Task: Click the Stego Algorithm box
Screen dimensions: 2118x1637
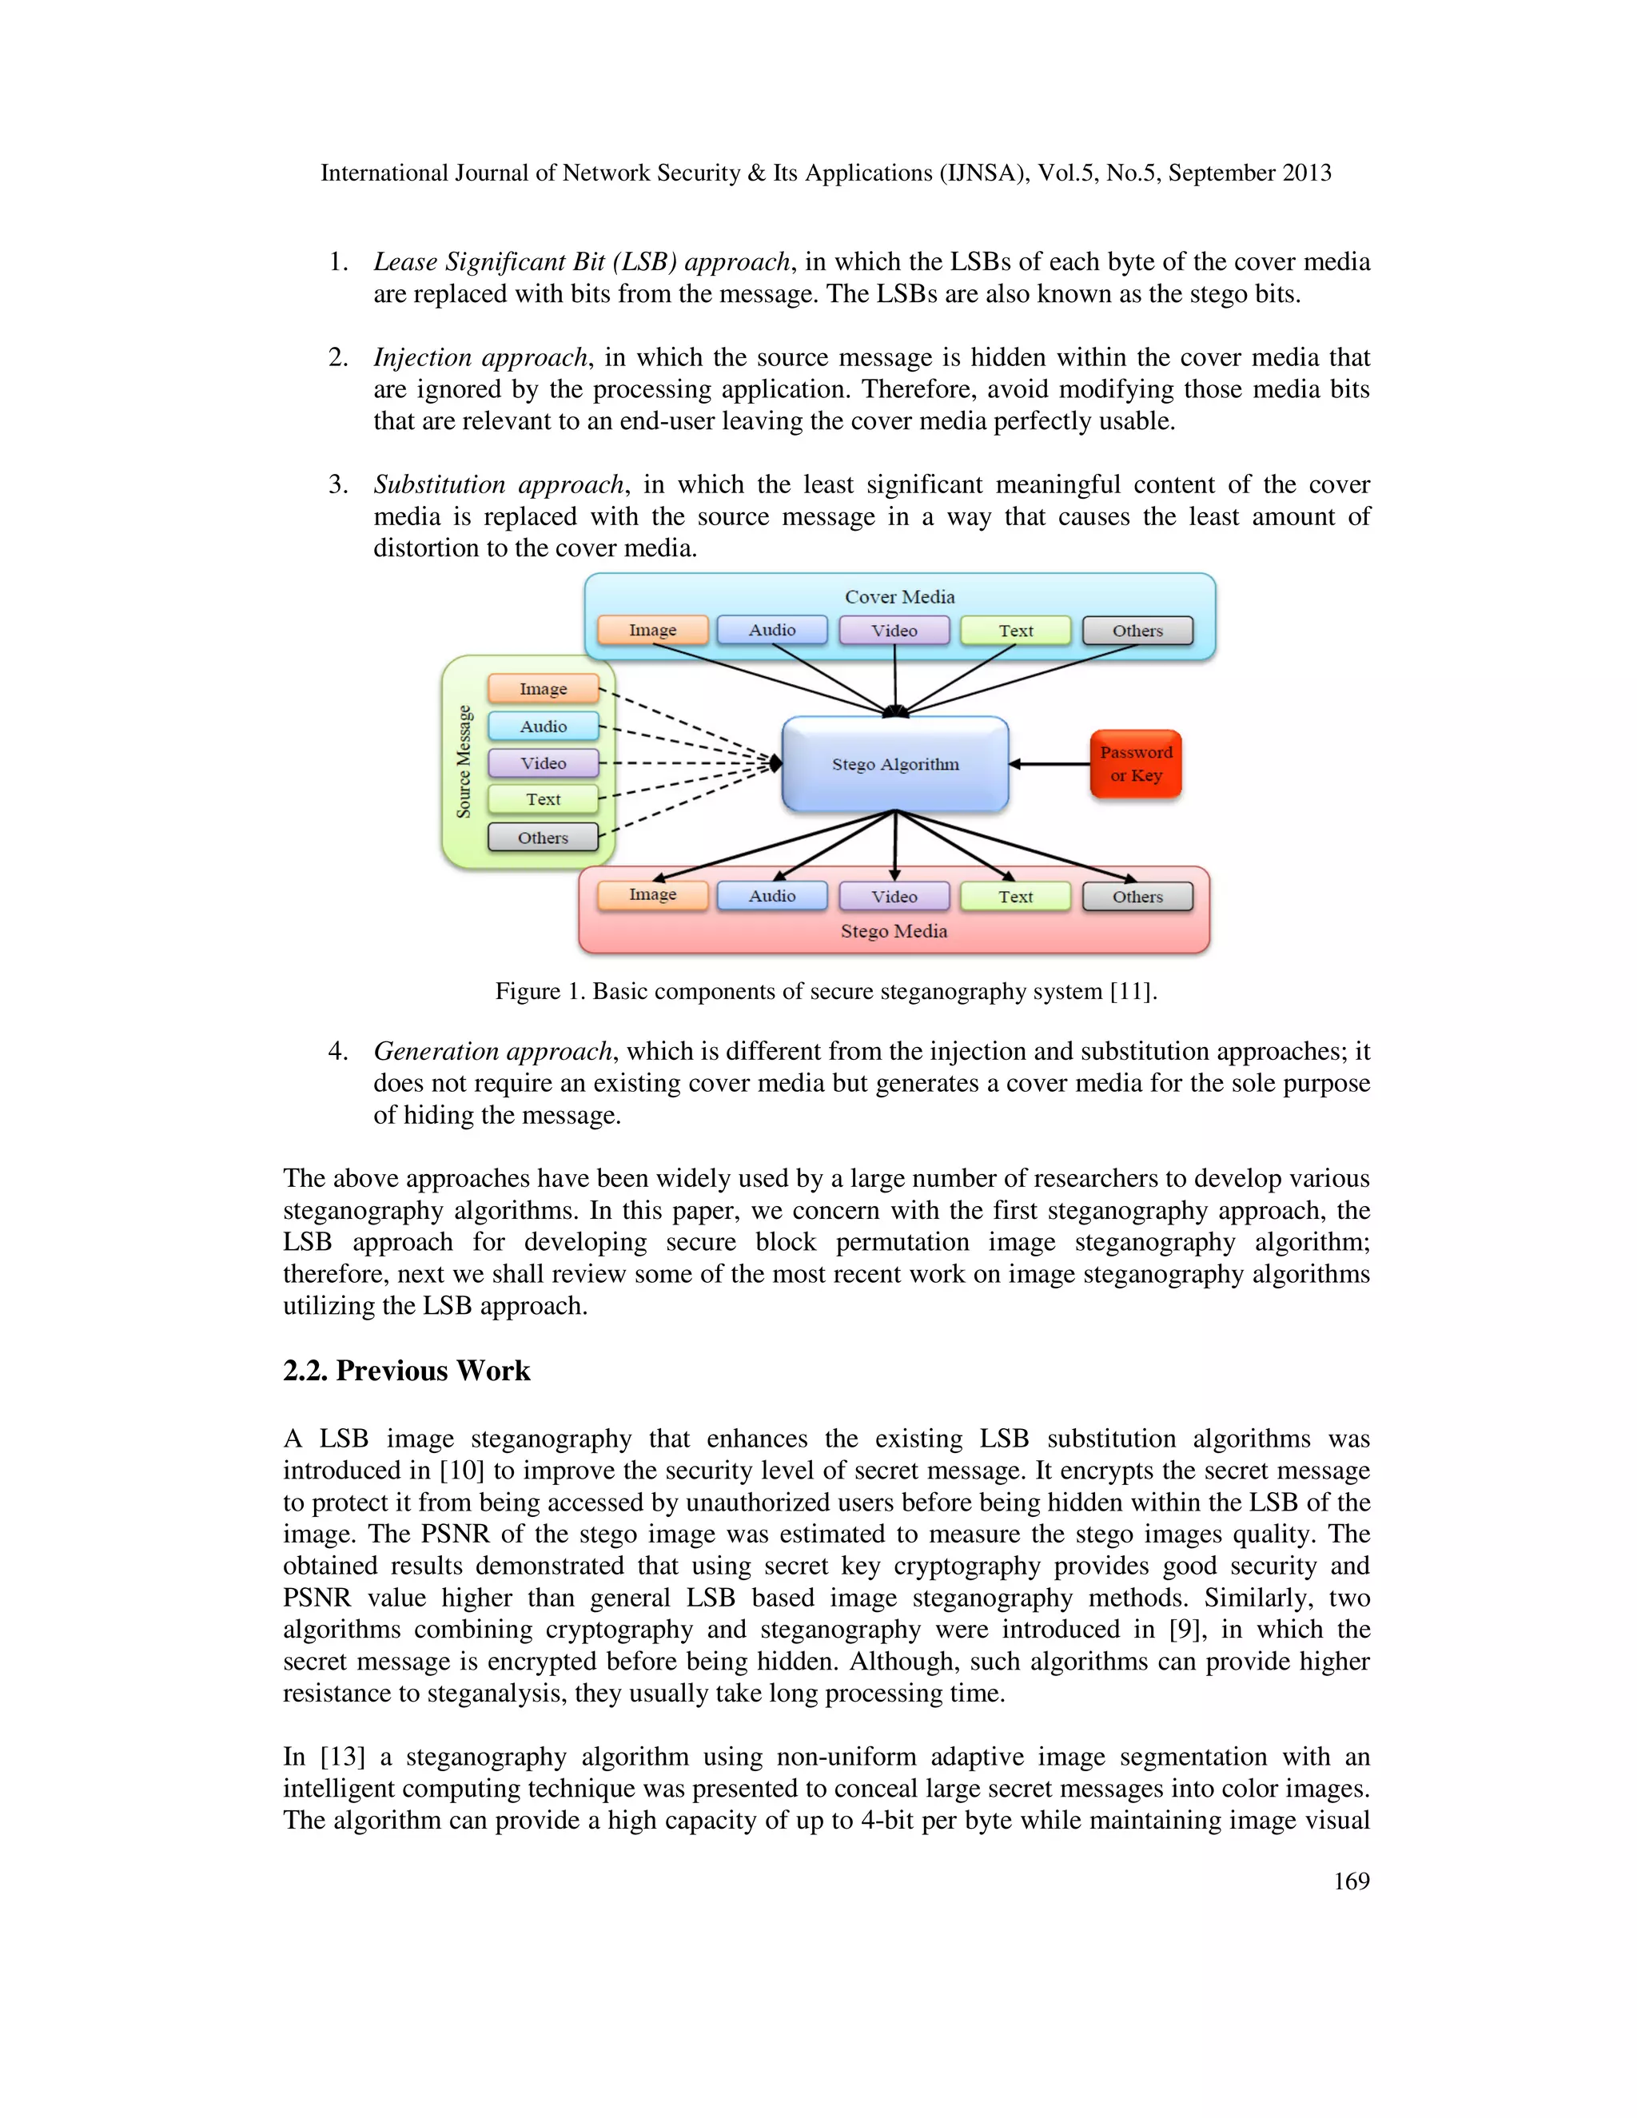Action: click(x=895, y=764)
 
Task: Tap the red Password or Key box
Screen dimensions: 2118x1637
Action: click(x=1136, y=764)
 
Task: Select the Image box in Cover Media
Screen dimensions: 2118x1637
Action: click(x=653, y=631)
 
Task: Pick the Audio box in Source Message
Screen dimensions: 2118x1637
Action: click(x=543, y=727)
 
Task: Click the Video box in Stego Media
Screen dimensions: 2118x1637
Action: click(x=894, y=897)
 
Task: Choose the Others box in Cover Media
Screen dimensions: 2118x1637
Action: click(x=1137, y=631)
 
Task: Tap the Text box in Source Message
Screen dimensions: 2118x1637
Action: click(x=543, y=800)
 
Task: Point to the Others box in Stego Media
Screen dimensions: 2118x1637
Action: click(x=1137, y=897)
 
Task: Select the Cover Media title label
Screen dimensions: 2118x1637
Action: click(x=900, y=597)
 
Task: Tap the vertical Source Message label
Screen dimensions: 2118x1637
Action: click(x=464, y=761)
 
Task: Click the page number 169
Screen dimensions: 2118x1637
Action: click(x=1351, y=1881)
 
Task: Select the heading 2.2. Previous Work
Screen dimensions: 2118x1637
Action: click(x=406, y=1372)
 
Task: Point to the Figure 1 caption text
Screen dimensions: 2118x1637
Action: click(x=826, y=991)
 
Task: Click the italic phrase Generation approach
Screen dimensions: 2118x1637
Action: click(x=492, y=1051)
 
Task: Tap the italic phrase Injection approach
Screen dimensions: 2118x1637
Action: click(x=481, y=358)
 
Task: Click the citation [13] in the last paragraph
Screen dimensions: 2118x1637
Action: click(x=342, y=1758)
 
